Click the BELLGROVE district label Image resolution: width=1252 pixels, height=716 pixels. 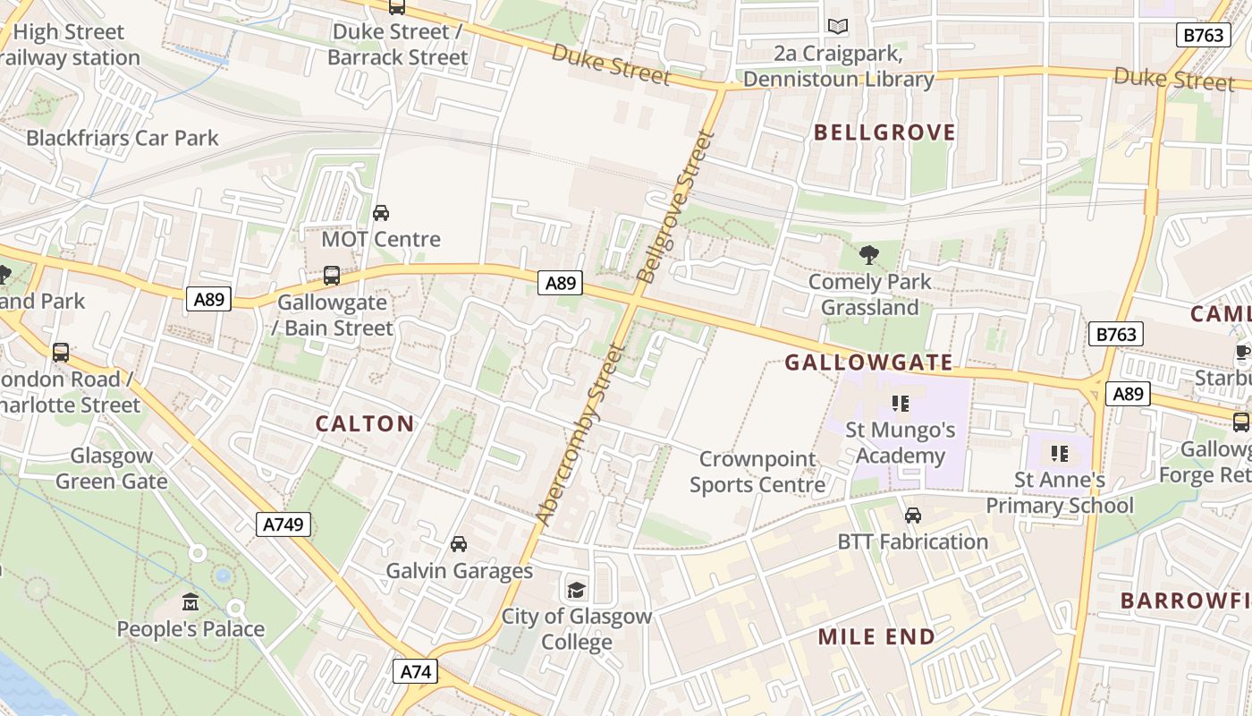pyautogui.click(x=884, y=133)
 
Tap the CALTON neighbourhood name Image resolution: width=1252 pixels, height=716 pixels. pyautogui.click(x=365, y=424)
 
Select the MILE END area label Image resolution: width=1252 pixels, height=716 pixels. pyautogui.click(x=876, y=637)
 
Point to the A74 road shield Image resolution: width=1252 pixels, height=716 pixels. pyautogui.click(x=415, y=671)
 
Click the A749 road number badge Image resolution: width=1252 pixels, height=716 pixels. pyautogui.click(x=283, y=524)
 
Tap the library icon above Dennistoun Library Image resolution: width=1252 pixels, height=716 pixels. pyautogui.click(x=837, y=27)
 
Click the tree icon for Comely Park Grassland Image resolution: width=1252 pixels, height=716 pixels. pyautogui.click(x=868, y=255)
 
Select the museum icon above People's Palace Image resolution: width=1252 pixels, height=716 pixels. pyautogui.click(x=190, y=602)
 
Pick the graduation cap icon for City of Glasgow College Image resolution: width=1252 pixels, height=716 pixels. pyautogui.click(x=576, y=590)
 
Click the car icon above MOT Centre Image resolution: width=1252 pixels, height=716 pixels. pyautogui.click(x=381, y=213)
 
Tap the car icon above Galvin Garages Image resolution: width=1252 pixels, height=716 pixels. pyautogui.click(x=459, y=544)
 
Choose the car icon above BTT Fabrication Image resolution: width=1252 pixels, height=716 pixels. pyautogui.click(x=912, y=516)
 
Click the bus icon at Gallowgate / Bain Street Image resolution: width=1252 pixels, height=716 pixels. pyautogui.click(x=332, y=276)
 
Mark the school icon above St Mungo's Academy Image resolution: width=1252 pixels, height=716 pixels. pyautogui.click(x=900, y=404)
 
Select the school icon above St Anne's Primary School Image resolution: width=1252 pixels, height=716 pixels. pyautogui.click(x=1060, y=454)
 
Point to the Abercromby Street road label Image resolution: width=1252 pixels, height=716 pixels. pyautogui.click(x=578, y=434)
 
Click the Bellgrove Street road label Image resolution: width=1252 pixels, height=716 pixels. pyautogui.click(x=673, y=208)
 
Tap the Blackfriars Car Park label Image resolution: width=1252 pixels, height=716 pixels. pyautogui.click(x=123, y=138)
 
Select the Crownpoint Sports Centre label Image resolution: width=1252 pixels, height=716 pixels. pyautogui.click(x=757, y=472)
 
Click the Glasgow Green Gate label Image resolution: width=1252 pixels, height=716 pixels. pyautogui.click(x=111, y=468)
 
